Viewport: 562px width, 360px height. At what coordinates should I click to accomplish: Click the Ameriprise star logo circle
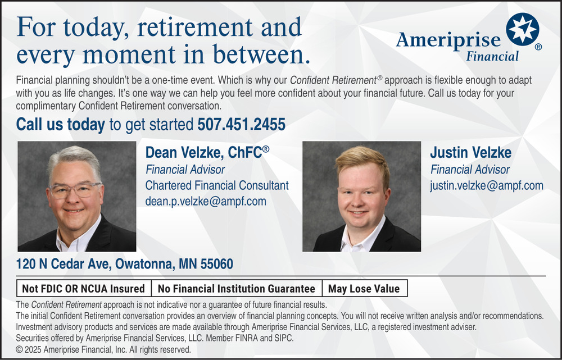tap(522, 29)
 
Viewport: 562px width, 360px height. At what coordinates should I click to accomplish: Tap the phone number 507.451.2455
tap(242, 124)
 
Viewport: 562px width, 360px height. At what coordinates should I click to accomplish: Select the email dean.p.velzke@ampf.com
tap(206, 201)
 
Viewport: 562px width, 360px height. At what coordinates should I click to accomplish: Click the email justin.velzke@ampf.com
tap(487, 185)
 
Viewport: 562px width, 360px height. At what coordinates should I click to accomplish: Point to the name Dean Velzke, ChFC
tap(207, 153)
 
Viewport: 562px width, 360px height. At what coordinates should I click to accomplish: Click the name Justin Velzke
tap(470, 153)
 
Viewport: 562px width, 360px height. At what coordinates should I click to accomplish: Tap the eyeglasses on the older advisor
tap(75, 190)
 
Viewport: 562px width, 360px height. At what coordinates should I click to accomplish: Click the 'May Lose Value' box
tap(365, 288)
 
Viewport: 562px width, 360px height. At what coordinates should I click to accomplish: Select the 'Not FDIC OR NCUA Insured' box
tap(84, 288)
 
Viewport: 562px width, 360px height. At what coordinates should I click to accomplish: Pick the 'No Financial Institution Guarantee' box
tap(237, 288)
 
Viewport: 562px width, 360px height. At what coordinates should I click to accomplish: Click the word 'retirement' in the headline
tap(194, 27)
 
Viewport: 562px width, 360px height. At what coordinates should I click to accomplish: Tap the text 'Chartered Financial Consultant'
tap(217, 185)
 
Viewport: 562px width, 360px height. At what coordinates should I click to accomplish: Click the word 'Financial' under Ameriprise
tap(492, 56)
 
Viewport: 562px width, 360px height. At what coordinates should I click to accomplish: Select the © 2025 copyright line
tap(103, 350)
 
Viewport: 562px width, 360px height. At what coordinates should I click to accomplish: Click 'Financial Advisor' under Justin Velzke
tap(470, 170)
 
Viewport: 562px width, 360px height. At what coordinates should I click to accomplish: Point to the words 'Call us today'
tap(61, 124)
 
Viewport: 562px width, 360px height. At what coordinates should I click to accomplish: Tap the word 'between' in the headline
tap(261, 54)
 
